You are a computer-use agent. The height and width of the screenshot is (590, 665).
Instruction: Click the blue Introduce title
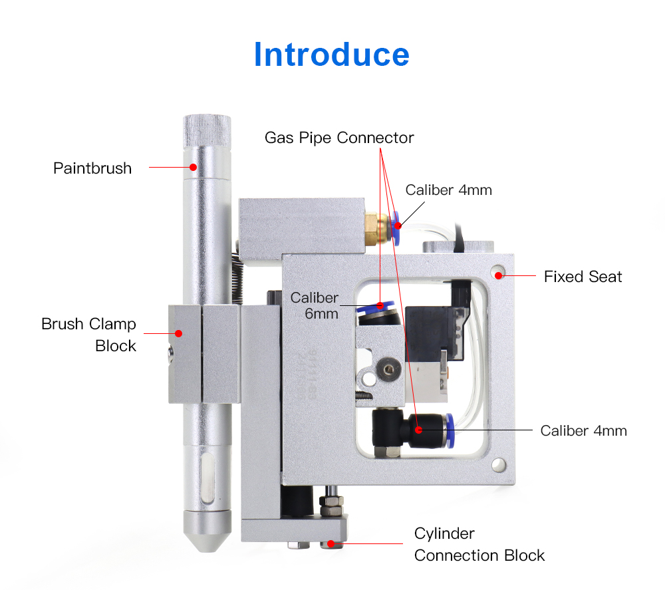pyautogui.click(x=331, y=54)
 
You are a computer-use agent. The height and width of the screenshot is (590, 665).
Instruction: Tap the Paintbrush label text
pyautogui.click(x=92, y=168)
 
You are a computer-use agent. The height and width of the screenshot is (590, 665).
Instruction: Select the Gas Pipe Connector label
pyautogui.click(x=339, y=138)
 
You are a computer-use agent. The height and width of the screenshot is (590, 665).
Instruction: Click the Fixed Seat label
pyautogui.click(x=583, y=277)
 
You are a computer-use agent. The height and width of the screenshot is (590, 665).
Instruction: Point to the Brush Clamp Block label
pyautogui.click(x=89, y=335)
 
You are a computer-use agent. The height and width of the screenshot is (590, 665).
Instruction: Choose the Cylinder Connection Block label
pyautogui.click(x=479, y=544)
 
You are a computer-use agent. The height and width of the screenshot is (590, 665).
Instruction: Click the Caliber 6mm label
pyautogui.click(x=315, y=305)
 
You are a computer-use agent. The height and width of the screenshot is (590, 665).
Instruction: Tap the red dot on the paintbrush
pyautogui.click(x=194, y=166)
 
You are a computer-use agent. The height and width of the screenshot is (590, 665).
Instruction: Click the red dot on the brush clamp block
pyautogui.click(x=179, y=333)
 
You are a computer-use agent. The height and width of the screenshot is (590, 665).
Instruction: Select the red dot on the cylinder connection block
pyautogui.click(x=331, y=543)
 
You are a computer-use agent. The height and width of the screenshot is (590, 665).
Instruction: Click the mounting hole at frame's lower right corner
pyautogui.click(x=497, y=463)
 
